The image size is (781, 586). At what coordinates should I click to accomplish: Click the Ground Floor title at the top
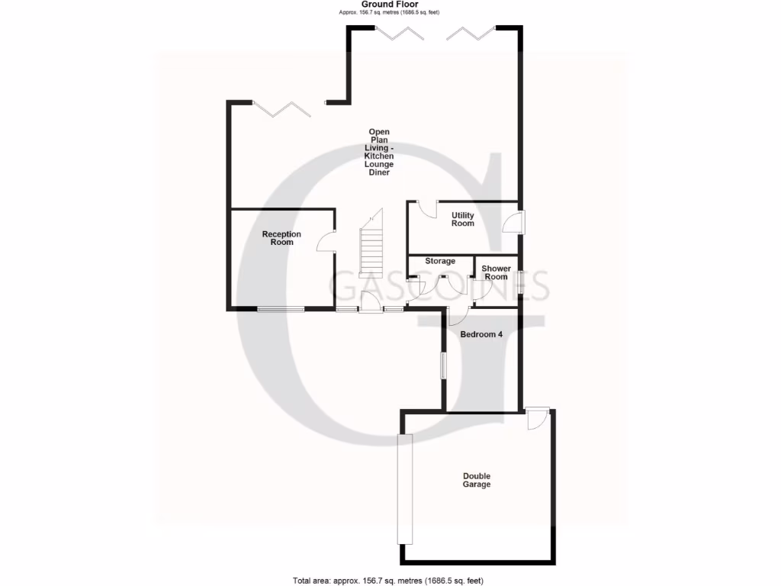[x=389, y=5]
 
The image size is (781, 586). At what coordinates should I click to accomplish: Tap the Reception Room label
[x=281, y=238]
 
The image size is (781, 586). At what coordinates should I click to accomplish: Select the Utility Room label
[x=462, y=220]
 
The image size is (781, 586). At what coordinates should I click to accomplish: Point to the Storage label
[x=440, y=262]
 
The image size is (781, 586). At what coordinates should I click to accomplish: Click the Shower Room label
[x=496, y=272]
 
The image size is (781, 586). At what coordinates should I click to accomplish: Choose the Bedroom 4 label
[x=481, y=333]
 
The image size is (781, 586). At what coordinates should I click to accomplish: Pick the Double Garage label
[x=477, y=481]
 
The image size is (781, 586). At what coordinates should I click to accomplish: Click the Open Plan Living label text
[x=378, y=152]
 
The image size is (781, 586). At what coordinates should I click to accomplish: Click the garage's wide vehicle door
[x=404, y=488]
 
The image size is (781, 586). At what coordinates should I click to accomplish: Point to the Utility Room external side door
[x=514, y=222]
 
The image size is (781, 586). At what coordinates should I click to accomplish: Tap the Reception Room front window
[x=280, y=309]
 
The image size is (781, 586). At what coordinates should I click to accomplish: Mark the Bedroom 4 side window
[x=443, y=365]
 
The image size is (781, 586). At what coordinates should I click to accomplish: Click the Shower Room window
[x=521, y=282]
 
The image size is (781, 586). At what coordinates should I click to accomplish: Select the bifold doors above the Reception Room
[x=281, y=109]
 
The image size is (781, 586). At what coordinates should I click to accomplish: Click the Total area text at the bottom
[x=388, y=581]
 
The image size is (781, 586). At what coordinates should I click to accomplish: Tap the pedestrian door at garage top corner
[x=537, y=419]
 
